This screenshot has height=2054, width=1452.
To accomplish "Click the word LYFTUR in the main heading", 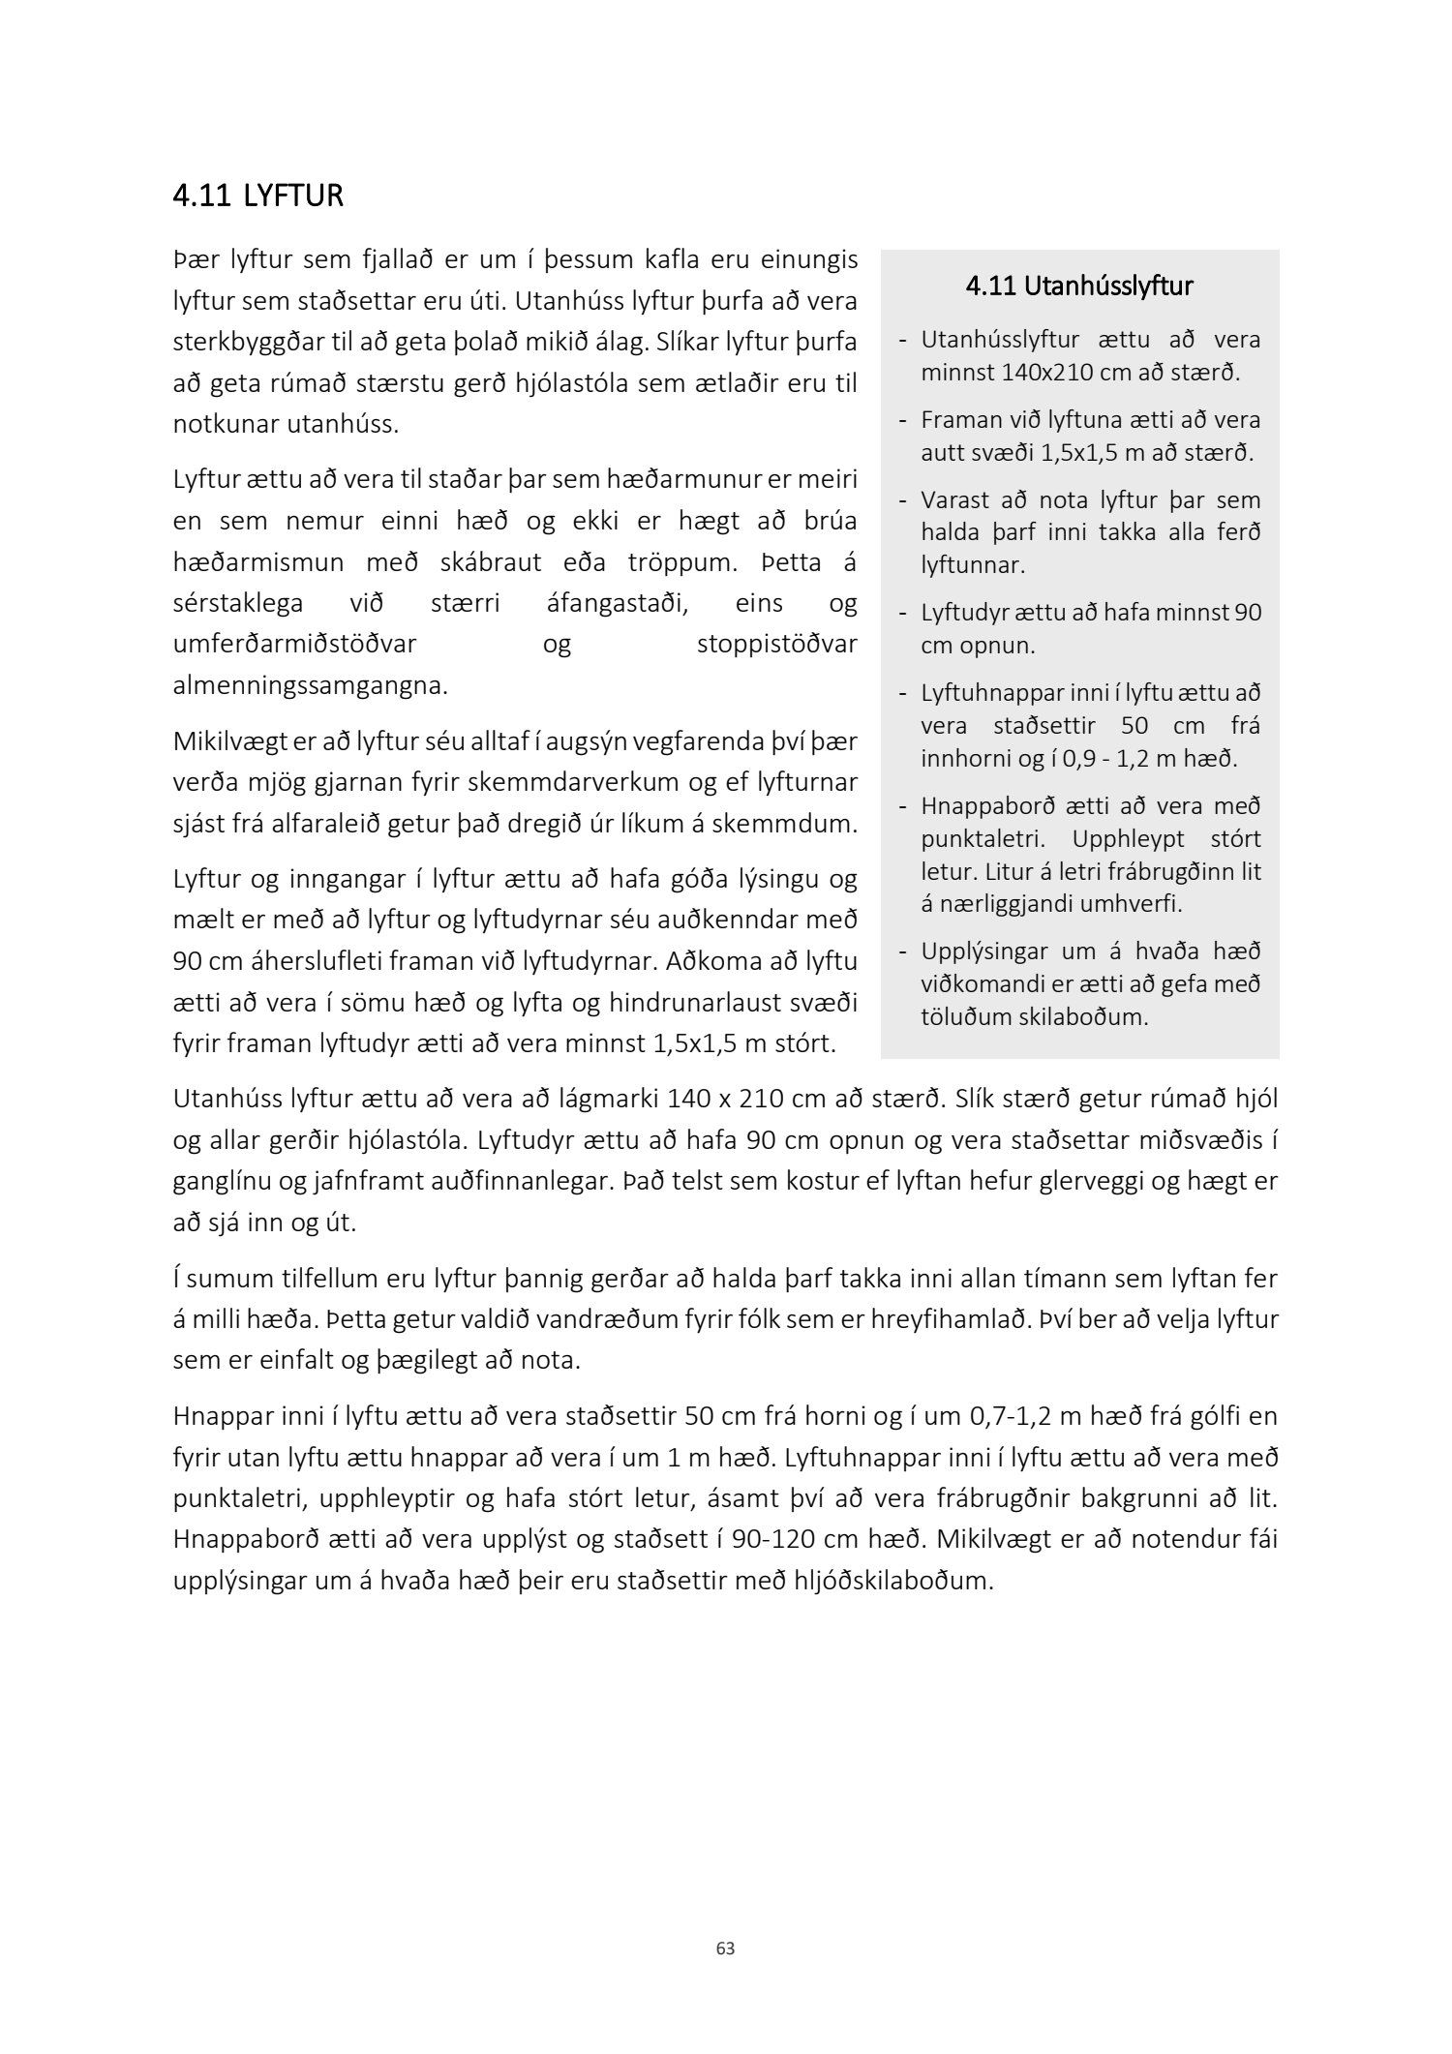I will point(293,196).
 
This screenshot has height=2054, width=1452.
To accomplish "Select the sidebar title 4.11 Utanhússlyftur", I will point(1079,287).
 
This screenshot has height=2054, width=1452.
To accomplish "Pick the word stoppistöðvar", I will point(776,645).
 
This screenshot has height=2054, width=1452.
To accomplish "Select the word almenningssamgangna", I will point(310,686).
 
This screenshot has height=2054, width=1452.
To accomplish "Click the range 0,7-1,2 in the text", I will point(1020,1416).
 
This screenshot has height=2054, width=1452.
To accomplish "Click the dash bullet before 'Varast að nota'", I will point(902,501).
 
